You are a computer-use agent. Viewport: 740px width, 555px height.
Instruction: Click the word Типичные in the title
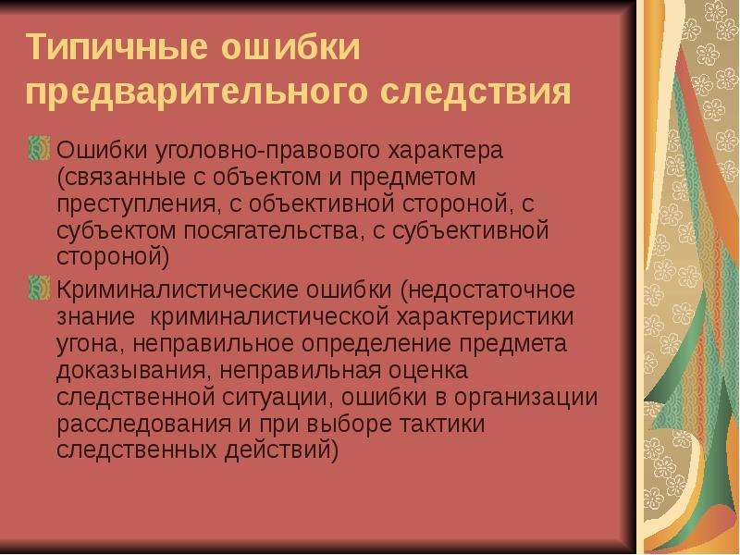tap(117, 48)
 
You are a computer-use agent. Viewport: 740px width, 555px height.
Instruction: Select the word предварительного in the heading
tap(196, 92)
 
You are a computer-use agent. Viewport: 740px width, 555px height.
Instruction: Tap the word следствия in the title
tap(475, 92)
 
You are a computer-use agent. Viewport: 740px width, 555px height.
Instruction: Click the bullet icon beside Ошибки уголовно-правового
tap(39, 148)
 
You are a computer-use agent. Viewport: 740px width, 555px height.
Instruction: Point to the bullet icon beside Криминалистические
tap(39, 288)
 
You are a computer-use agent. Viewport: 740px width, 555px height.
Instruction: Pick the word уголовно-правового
tap(267, 152)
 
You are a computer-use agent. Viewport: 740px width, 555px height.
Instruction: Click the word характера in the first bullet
tap(446, 151)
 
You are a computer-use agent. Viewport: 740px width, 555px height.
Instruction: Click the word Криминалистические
tap(177, 290)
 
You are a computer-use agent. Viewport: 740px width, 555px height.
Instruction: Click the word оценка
tap(428, 371)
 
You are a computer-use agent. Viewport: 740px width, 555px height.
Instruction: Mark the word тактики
tap(442, 424)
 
